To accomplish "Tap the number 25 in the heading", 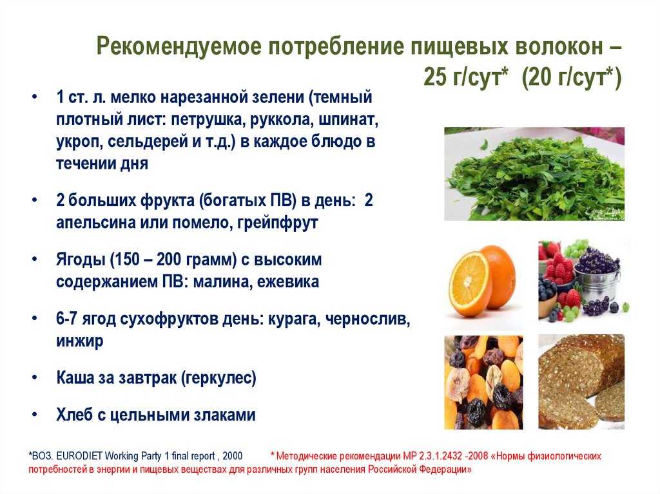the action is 435,77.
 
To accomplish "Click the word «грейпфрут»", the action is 277,223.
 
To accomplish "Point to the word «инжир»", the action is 79,341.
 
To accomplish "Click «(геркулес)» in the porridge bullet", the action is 218,377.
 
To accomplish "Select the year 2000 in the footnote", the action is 233,456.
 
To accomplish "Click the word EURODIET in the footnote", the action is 79,456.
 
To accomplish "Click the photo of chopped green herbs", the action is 534,174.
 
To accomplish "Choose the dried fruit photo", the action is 483,382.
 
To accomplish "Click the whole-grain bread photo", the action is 581,382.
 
